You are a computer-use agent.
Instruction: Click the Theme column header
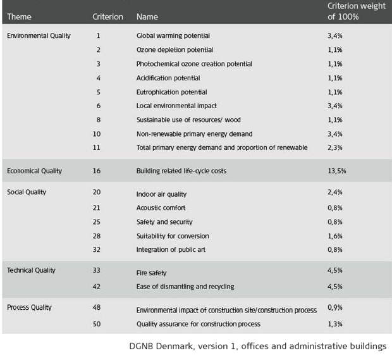pos(19,16)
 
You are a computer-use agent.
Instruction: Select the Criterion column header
pos(107,16)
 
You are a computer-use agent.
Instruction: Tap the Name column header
pos(147,16)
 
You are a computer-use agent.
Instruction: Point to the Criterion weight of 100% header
pos(357,11)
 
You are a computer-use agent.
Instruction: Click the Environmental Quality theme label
pos(39,36)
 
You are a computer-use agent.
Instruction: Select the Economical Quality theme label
pos(35,171)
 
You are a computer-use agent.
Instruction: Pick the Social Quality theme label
pos(27,192)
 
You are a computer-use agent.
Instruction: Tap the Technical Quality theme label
pos(31,270)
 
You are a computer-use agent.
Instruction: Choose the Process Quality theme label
pos(29,307)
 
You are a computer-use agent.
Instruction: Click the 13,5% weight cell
pos(337,171)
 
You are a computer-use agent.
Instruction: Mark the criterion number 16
pos(97,171)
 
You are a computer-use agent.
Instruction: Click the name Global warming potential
pos(173,36)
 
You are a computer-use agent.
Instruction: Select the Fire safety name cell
pos(152,273)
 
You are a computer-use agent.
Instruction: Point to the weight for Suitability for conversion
pos(335,236)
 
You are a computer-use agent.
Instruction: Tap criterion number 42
pos(97,287)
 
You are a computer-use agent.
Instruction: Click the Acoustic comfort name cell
pos(161,208)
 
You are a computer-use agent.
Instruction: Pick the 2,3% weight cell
pos(335,147)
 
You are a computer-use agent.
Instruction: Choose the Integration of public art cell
pos(171,250)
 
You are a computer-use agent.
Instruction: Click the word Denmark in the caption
pos(175,346)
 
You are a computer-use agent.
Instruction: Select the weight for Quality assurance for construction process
pos(335,324)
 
